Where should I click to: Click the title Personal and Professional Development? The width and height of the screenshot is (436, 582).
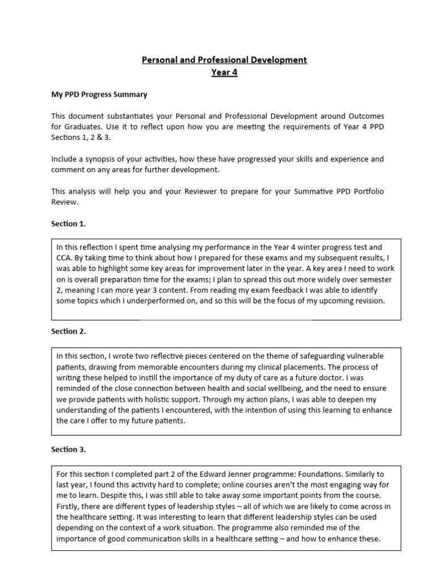[x=224, y=60]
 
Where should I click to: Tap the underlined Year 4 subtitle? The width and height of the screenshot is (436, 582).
[x=224, y=72]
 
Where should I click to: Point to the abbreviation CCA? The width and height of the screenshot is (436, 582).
[x=64, y=257]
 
